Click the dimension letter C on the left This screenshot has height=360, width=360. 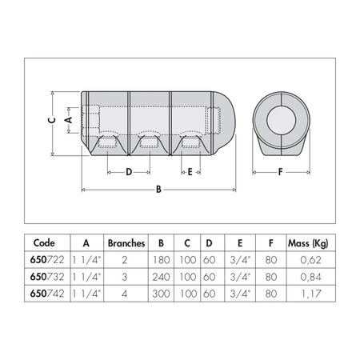pyautogui.click(x=51, y=120)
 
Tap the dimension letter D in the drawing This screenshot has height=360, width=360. pyautogui.click(x=128, y=171)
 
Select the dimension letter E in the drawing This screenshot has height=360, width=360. pyautogui.click(x=189, y=171)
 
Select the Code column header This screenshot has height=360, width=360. pyautogui.click(x=45, y=242)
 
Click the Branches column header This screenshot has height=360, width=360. pyautogui.click(x=125, y=242)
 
